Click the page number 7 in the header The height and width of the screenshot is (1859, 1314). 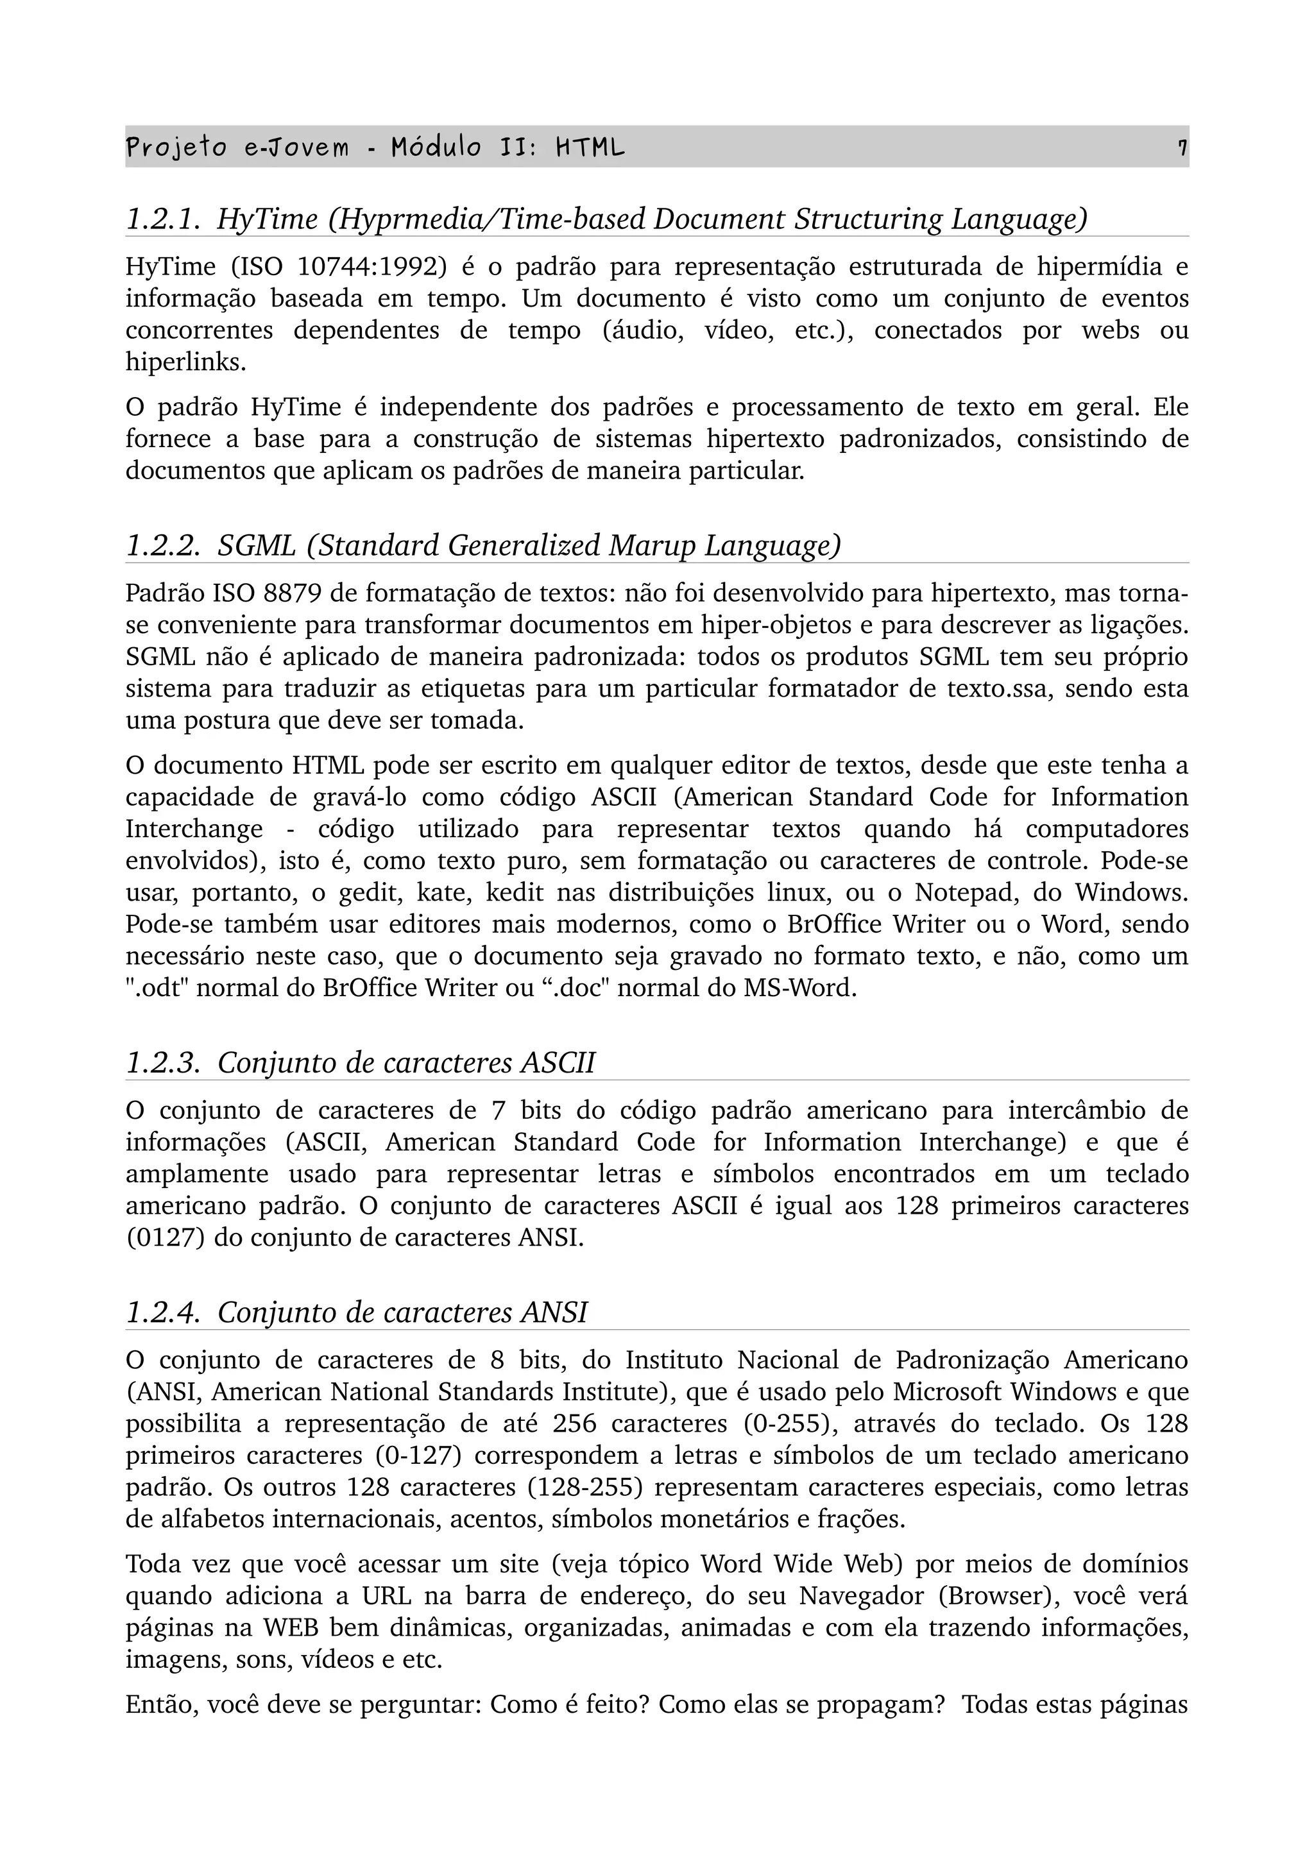(1182, 148)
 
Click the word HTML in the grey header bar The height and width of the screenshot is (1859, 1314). (590, 148)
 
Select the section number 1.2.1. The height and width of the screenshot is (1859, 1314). (163, 219)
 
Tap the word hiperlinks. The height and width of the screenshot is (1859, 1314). (185, 362)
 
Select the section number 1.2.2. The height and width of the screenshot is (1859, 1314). (163, 546)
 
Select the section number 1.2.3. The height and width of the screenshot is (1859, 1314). (163, 1062)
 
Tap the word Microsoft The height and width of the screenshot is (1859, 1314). (946, 1392)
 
